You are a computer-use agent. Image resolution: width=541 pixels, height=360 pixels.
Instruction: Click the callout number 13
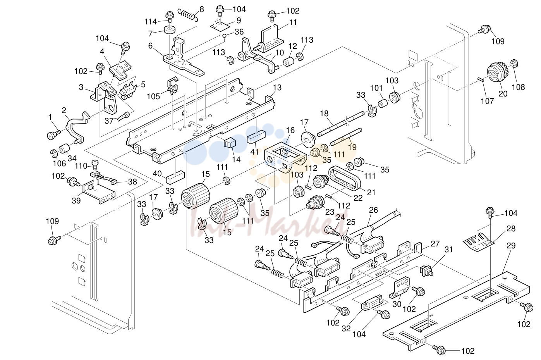click(277, 88)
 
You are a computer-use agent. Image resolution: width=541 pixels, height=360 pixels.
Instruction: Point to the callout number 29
click(511, 245)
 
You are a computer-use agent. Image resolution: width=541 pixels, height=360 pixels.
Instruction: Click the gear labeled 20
click(498, 73)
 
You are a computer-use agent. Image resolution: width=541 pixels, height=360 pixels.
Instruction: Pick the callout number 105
click(154, 96)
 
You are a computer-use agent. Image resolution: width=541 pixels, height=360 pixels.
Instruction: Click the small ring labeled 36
click(224, 36)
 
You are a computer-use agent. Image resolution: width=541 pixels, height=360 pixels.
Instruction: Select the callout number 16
click(290, 130)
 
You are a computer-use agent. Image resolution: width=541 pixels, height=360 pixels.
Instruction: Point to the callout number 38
click(132, 182)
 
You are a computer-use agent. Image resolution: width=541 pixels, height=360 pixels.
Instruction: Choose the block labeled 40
click(175, 176)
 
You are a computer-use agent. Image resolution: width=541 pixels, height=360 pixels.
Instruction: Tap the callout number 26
click(373, 210)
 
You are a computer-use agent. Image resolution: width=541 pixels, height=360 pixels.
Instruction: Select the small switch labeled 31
click(426, 271)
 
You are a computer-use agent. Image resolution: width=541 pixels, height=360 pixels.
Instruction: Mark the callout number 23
click(330, 212)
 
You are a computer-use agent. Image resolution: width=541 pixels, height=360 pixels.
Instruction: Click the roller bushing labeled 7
click(170, 31)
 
